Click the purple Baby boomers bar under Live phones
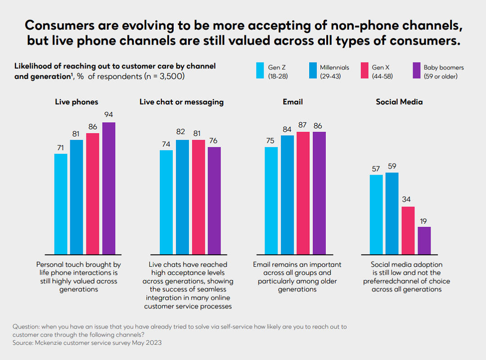[x=108, y=188]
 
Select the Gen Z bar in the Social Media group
[x=376, y=214]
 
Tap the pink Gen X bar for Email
[x=303, y=193]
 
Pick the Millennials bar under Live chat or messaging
[x=182, y=197]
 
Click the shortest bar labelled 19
[x=424, y=240]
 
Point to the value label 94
[x=108, y=114]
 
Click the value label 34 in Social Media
[x=408, y=199]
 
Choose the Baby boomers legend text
[x=443, y=72]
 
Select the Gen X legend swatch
[x=363, y=71]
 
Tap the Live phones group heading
[x=76, y=102]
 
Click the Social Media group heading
[x=399, y=102]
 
